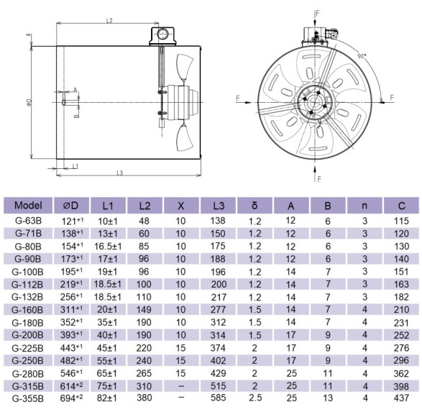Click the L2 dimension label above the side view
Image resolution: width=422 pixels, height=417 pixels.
[x=109, y=21]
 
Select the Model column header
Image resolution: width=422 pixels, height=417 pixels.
[x=28, y=205]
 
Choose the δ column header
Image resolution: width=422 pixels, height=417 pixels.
[x=254, y=205]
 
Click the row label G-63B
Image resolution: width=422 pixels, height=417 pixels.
[x=28, y=221]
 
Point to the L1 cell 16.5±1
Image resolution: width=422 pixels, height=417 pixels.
[x=107, y=246]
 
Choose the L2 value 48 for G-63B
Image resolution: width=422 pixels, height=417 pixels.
[x=145, y=221]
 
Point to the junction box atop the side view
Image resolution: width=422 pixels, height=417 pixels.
[x=161, y=35]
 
